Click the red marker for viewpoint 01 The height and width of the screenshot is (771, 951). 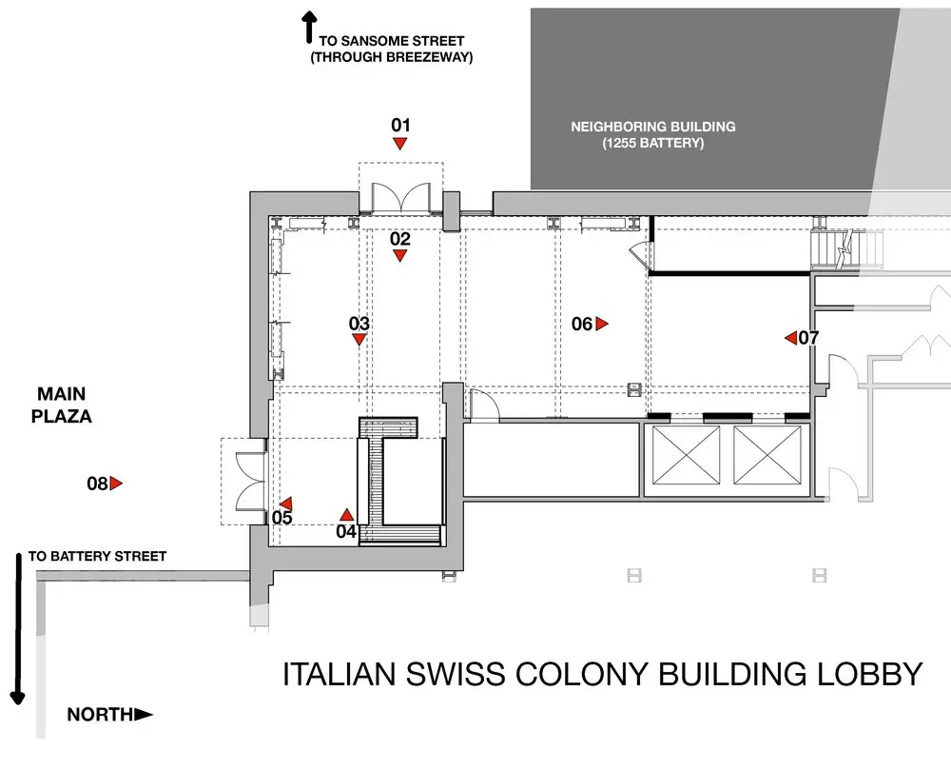point(399,144)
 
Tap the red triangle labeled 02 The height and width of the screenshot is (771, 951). point(399,256)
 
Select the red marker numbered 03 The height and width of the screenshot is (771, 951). point(359,340)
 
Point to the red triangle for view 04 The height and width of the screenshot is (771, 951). point(346,515)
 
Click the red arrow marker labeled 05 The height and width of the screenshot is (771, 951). point(286,504)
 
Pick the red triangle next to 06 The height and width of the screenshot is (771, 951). point(602,324)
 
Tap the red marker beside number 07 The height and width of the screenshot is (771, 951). point(790,338)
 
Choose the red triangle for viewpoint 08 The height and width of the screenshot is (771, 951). point(116,484)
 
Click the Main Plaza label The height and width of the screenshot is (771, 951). point(61,405)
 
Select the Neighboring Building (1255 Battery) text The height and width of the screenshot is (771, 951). point(653,135)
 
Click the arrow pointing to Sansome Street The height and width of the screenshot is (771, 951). point(309,28)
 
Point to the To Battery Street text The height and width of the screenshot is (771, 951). point(97,556)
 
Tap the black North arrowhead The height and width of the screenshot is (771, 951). point(144,715)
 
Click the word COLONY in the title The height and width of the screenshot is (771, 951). point(580,674)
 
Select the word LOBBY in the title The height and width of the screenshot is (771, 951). point(868,674)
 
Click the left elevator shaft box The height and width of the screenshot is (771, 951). point(686,455)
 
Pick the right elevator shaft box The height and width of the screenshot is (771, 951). point(767,455)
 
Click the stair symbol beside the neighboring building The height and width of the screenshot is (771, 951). point(847,248)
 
